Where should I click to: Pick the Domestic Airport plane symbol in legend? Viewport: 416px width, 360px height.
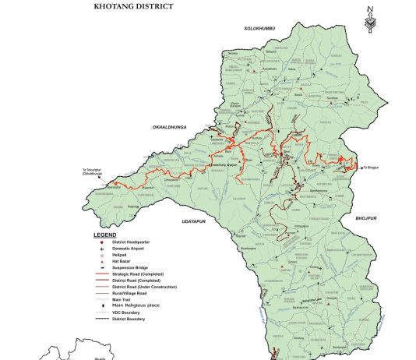point(101,248)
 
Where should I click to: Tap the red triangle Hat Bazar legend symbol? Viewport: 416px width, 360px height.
point(101,261)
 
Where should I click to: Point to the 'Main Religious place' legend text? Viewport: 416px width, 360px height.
point(136,306)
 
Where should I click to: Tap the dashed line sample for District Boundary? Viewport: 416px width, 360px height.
point(102,319)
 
